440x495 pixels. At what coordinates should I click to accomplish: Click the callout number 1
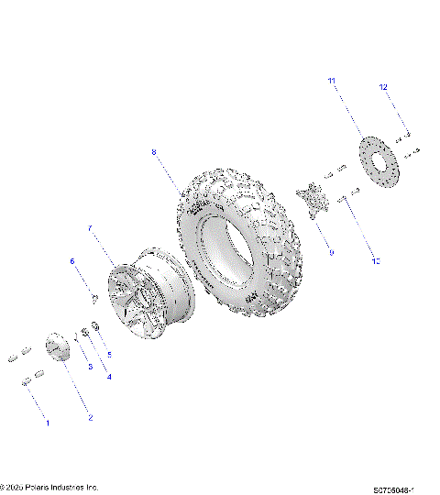pos(48,423)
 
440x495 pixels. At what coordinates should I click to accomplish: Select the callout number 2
pos(90,418)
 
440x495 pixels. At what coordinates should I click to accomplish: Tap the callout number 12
pos(384,87)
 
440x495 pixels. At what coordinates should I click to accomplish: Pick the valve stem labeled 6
pos(95,295)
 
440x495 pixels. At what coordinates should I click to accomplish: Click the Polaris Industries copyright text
pos(49,487)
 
